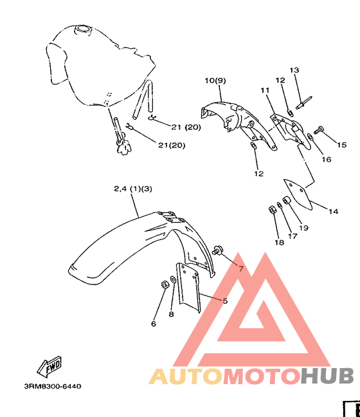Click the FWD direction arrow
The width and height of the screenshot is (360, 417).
[x=50, y=367]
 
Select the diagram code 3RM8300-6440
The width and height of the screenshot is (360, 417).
[x=53, y=386]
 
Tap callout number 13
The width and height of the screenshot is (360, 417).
[x=294, y=70]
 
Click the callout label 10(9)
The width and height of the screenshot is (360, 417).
[x=215, y=80]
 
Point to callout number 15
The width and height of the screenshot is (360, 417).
[x=341, y=145]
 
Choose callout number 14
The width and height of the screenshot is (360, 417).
[x=333, y=212]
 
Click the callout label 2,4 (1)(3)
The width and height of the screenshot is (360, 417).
[x=133, y=189]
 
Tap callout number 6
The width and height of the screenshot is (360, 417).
[x=154, y=324]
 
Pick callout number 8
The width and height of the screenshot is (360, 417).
[x=172, y=314]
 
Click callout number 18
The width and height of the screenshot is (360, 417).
[x=279, y=242]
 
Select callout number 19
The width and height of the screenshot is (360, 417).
[x=303, y=228]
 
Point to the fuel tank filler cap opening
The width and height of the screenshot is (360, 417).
[x=83, y=29]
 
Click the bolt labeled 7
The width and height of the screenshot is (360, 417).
[x=217, y=250]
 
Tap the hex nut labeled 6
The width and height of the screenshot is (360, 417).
[x=165, y=284]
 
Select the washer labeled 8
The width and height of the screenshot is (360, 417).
[x=173, y=279]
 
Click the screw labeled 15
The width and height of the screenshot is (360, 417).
[x=319, y=130]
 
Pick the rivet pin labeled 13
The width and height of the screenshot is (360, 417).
[x=303, y=103]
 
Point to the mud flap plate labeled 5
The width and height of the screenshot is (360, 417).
[x=188, y=287]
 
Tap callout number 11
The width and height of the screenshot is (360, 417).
[x=265, y=91]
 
